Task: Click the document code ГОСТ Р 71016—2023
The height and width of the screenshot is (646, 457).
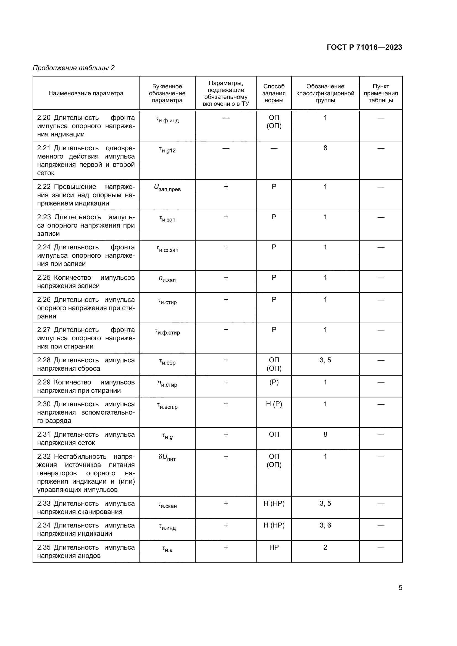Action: pyautogui.click(x=364, y=47)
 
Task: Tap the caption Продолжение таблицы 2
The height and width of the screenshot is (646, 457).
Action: pyautogui.click(x=74, y=68)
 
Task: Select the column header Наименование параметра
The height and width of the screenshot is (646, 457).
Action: pyautogui.click(x=86, y=93)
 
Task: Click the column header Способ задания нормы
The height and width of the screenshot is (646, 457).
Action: pyautogui.click(x=274, y=93)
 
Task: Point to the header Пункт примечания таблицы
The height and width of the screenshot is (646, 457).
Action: pyautogui.click(x=381, y=93)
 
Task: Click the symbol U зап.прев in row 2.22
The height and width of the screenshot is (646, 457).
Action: pyautogui.click(x=167, y=188)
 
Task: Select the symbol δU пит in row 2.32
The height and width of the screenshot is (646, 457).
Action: pyautogui.click(x=167, y=457)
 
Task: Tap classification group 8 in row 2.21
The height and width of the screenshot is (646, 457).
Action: pyautogui.click(x=325, y=148)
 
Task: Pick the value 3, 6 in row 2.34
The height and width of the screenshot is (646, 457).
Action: pyautogui.click(x=325, y=525)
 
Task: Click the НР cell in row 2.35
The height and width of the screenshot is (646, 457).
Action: pyautogui.click(x=274, y=547)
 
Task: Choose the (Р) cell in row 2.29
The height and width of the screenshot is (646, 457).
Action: pyautogui.click(x=274, y=382)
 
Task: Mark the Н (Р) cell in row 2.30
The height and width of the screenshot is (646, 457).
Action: pyautogui.click(x=274, y=404)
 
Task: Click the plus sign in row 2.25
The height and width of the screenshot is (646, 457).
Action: pyautogui.click(x=226, y=277)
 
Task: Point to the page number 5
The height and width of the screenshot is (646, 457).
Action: pyautogui.click(x=400, y=588)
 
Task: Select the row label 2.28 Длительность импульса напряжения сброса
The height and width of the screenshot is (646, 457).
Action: pyautogui.click(x=86, y=364)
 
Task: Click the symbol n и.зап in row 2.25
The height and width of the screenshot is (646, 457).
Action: pyautogui.click(x=167, y=279)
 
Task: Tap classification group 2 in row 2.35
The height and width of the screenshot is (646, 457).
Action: pyautogui.click(x=325, y=547)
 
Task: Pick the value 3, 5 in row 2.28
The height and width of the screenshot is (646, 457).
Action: pyautogui.click(x=325, y=360)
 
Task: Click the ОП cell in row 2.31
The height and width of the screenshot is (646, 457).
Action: pyautogui.click(x=274, y=434)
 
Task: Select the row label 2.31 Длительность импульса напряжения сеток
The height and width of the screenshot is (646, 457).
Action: pyautogui.click(x=86, y=438)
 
